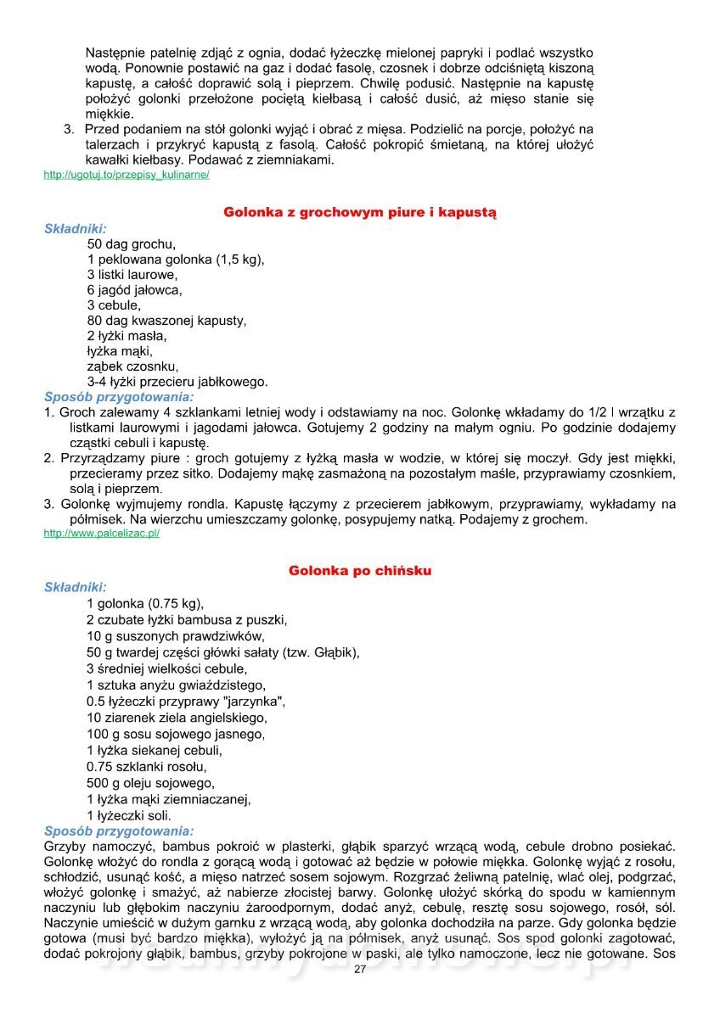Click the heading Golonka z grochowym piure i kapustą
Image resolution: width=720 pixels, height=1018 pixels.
pyautogui.click(x=360, y=211)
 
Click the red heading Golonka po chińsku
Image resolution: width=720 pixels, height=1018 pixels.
pyautogui.click(x=360, y=571)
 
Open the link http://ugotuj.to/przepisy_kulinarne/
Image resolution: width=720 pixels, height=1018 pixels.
pyautogui.click(x=127, y=175)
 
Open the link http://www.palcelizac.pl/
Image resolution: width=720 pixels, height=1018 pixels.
pyautogui.click(x=102, y=534)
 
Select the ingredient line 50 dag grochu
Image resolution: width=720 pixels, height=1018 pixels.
pyautogui.click(x=132, y=244)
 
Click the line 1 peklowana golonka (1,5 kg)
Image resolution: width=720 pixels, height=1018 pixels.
pyautogui.click(x=176, y=260)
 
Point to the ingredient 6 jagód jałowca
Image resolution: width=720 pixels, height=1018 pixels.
pyautogui.click(x=134, y=290)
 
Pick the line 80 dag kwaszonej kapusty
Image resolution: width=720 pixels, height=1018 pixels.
pyautogui.click(x=166, y=321)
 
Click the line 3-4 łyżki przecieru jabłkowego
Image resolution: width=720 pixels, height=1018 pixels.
pyautogui.click(x=177, y=382)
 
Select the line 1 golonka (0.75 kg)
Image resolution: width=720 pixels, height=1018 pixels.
pyautogui.click(x=145, y=604)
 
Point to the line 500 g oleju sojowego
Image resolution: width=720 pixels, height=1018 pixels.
pyautogui.click(x=150, y=782)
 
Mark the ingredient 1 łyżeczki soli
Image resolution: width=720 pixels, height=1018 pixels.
pyautogui.click(x=129, y=814)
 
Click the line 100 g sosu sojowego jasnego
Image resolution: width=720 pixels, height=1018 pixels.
pyautogui.click(x=176, y=734)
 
